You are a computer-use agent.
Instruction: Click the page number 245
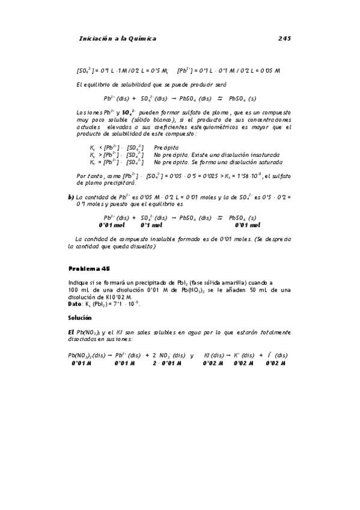pyautogui.click(x=285, y=38)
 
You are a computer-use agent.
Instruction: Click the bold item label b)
pyautogui.click(x=71, y=197)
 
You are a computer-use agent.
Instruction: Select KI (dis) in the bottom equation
pyautogui.click(x=215, y=355)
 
